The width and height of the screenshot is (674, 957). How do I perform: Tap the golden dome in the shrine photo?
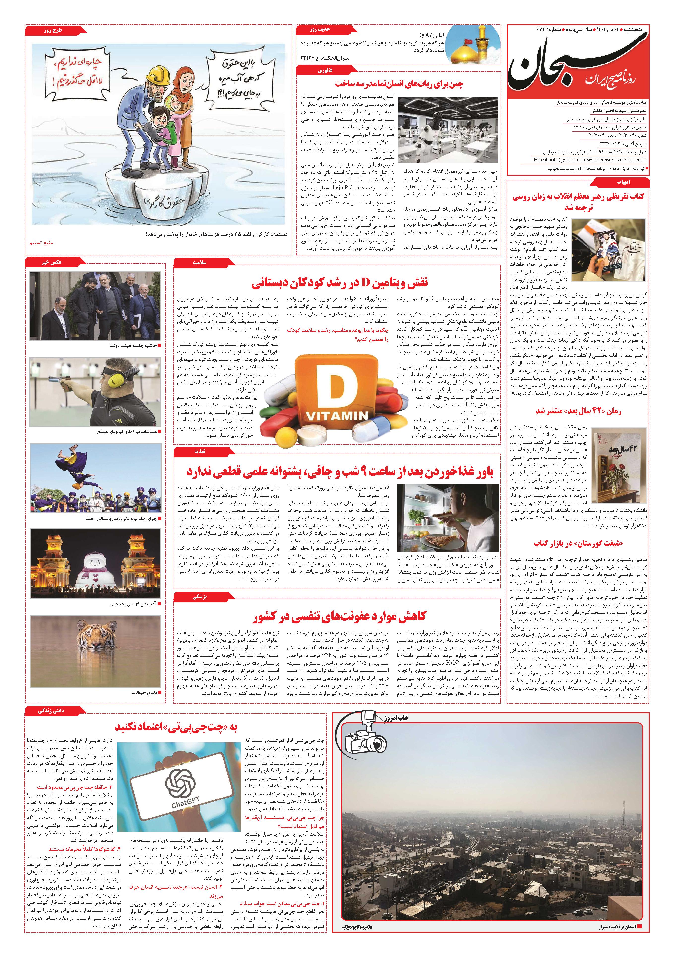[x=470, y=54]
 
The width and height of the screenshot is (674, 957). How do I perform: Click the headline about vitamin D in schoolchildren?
[x=340, y=284]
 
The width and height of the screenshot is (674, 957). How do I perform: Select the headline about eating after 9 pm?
[x=339, y=472]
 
